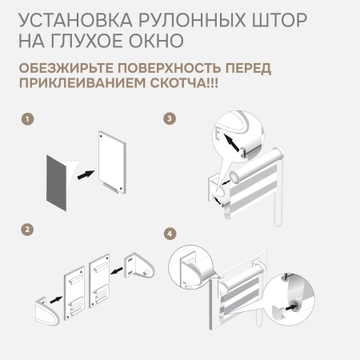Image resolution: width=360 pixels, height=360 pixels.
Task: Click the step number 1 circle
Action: (27, 118)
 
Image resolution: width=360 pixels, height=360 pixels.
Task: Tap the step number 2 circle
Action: (27, 230)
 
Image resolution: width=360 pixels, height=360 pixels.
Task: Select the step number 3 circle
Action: (170, 118)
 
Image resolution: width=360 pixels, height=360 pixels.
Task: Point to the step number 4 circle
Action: (170, 234)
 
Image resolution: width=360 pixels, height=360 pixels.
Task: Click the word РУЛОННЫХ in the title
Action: (192, 20)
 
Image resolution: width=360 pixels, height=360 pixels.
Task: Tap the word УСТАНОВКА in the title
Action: (75, 20)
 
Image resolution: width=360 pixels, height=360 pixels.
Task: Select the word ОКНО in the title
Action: (156, 41)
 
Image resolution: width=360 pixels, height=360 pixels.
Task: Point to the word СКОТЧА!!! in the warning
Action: (184, 83)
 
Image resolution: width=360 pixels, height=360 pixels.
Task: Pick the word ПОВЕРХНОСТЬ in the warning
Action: (170, 68)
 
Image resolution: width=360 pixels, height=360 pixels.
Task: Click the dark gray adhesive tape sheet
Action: (57, 182)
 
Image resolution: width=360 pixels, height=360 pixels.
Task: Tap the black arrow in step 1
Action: (86, 174)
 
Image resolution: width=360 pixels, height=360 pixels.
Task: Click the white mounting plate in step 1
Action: (112, 162)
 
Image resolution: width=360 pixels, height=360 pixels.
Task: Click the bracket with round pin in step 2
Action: (139, 266)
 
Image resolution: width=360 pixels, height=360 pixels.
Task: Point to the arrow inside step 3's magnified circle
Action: (231, 142)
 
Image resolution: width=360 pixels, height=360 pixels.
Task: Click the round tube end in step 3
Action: (235, 177)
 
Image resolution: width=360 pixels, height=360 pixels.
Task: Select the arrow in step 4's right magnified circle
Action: (290, 307)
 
